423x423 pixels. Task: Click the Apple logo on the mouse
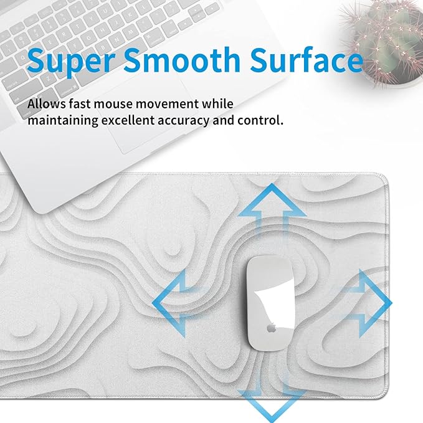[x=272, y=326]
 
